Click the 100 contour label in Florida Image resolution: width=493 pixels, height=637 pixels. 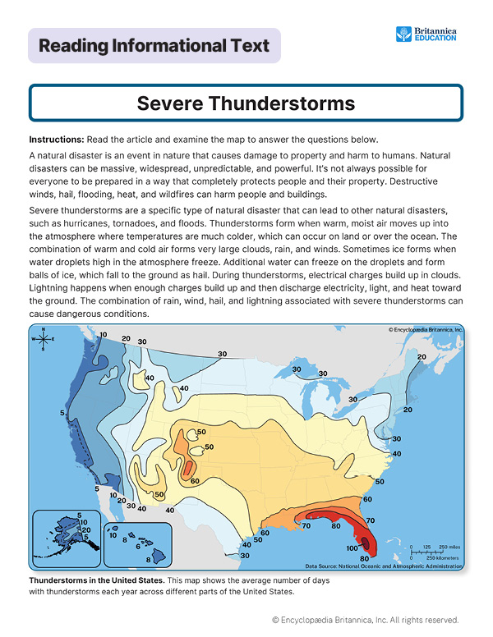click(x=351, y=548)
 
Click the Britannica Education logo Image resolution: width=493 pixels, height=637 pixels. click(x=426, y=34)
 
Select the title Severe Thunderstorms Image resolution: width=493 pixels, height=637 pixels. click(x=246, y=103)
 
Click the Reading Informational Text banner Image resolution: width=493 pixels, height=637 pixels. click(x=154, y=46)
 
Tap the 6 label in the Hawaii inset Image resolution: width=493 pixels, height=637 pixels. click(x=138, y=546)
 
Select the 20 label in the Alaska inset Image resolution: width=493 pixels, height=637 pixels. click(x=85, y=530)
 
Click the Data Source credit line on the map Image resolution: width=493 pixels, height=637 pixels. click(x=383, y=566)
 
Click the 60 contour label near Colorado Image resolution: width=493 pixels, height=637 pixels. click(x=195, y=481)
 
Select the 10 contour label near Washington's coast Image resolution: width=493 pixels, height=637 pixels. click(x=104, y=334)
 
